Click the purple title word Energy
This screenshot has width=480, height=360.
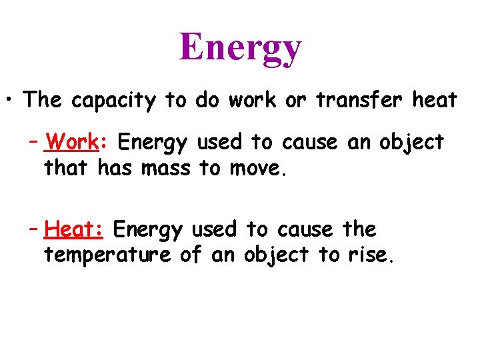tap(240, 48)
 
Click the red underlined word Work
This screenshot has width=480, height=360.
tap(74, 142)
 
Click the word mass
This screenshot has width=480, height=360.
tap(167, 169)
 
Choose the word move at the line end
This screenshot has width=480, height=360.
tap(255, 169)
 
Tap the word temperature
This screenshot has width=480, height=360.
tap(107, 255)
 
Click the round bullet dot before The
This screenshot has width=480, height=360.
tap(11, 101)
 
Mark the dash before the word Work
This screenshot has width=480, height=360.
tap(34, 143)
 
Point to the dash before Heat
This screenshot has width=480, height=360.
tap(34, 230)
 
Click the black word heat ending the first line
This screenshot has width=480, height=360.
tap(435, 100)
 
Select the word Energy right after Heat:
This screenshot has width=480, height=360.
tap(147, 230)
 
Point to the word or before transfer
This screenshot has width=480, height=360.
tap(295, 100)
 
